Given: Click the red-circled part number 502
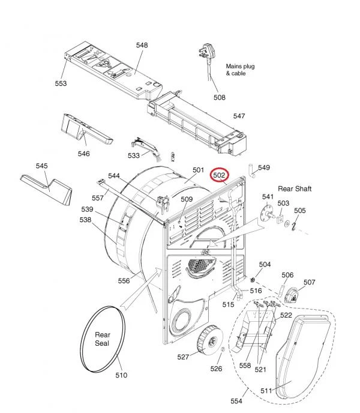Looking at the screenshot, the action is [x=220, y=175].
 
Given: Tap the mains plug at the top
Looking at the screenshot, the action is [x=207, y=52].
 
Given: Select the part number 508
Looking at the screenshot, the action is [x=220, y=97].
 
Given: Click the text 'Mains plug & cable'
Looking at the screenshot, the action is [x=240, y=70].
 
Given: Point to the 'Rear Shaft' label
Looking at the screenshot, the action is [x=295, y=189].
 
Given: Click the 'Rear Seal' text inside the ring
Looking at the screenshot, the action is [x=102, y=339].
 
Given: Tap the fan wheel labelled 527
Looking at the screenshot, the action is [x=210, y=339].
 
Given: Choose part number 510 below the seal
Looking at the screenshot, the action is [x=121, y=375].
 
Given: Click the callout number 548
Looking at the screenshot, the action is [x=142, y=45].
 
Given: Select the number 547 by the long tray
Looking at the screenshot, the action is [x=239, y=116].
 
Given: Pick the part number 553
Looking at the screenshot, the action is [x=61, y=83].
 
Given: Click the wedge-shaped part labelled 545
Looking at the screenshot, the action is [x=46, y=189].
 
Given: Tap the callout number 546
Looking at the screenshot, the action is [x=84, y=154].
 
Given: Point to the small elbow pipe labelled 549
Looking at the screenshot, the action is [x=252, y=172].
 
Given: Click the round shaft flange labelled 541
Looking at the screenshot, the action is [x=266, y=214].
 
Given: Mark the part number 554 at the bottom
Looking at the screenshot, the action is [x=236, y=401].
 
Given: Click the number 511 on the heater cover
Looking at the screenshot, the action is [x=266, y=391].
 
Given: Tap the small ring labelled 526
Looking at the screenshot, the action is [x=223, y=349].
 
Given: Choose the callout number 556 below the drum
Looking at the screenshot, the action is [x=124, y=281].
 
